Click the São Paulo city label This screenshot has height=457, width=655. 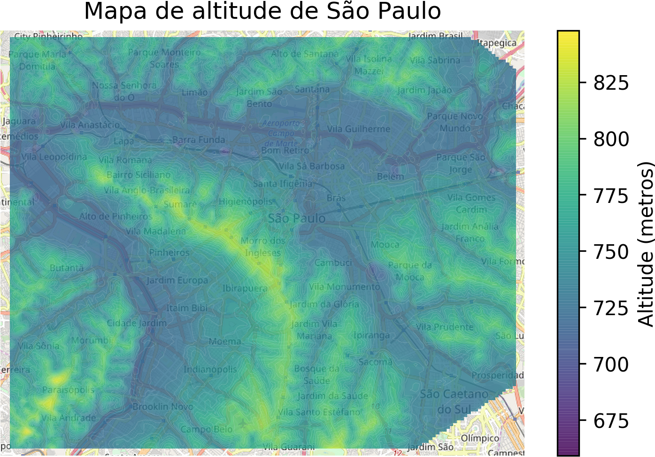[x=296, y=218]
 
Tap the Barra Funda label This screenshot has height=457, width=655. [x=199, y=140]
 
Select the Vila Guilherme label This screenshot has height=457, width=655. [x=359, y=129]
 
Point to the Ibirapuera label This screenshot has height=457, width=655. [x=245, y=288]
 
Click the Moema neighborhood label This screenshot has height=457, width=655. [x=225, y=341]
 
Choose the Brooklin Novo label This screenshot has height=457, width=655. [x=162, y=406]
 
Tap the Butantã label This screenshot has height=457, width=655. [x=67, y=268]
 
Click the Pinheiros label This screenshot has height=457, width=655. [x=170, y=253]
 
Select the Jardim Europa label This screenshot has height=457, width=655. [x=177, y=280]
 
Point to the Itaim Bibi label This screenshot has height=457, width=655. [x=187, y=308]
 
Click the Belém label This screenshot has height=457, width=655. [x=390, y=177]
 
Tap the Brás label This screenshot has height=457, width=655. [x=336, y=198]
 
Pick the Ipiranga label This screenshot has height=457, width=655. [x=371, y=335]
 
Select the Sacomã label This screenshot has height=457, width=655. [x=375, y=362]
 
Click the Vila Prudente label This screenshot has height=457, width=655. [x=445, y=327]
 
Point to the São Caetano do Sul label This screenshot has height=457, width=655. [x=454, y=402]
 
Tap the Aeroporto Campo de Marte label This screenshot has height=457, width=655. [x=281, y=133]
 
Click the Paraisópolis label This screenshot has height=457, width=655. [x=68, y=390]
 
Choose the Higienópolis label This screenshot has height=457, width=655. [x=246, y=201]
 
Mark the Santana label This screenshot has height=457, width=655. [x=312, y=89]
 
